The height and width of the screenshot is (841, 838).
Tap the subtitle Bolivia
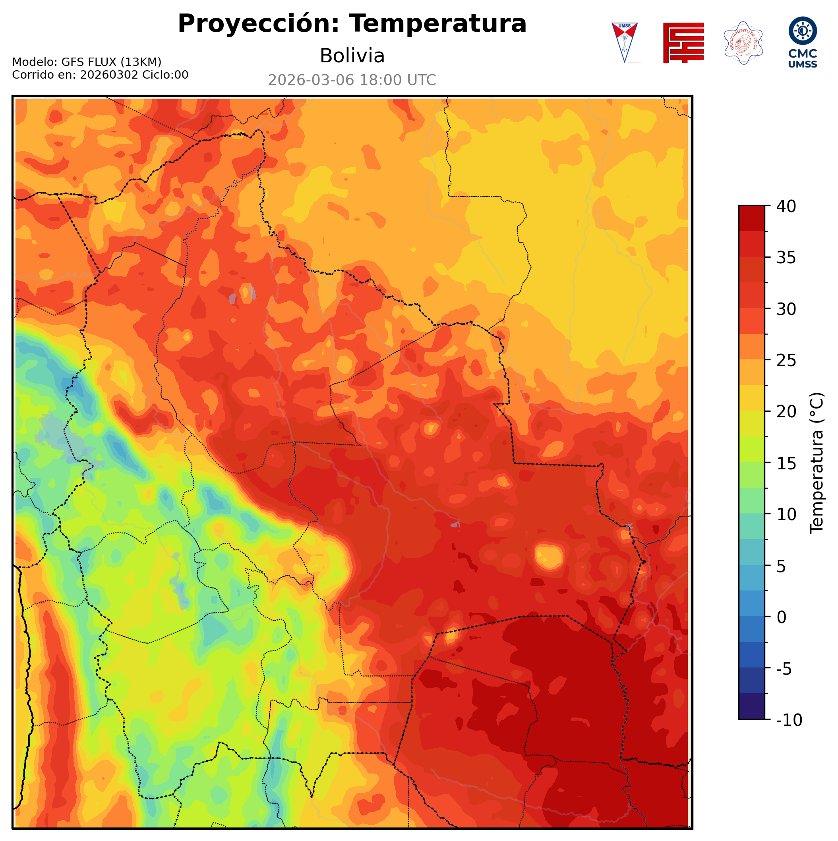click(352, 56)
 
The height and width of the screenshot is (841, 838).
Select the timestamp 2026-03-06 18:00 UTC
click(352, 80)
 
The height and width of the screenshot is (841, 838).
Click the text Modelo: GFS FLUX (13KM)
click(87, 62)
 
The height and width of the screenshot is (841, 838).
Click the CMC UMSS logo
click(802, 42)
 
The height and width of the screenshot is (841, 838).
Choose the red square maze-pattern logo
click(683, 42)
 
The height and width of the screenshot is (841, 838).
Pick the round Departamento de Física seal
click(743, 42)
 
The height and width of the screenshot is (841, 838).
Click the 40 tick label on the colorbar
click(786, 206)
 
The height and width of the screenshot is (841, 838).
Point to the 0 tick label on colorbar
click(782, 617)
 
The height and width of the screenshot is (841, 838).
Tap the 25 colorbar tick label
click(786, 361)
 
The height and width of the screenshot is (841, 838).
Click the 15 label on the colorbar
click(786, 464)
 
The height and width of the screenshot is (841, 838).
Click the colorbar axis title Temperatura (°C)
click(817, 463)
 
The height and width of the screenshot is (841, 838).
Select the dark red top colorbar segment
click(751, 218)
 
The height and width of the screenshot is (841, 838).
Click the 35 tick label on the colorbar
click(786, 258)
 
